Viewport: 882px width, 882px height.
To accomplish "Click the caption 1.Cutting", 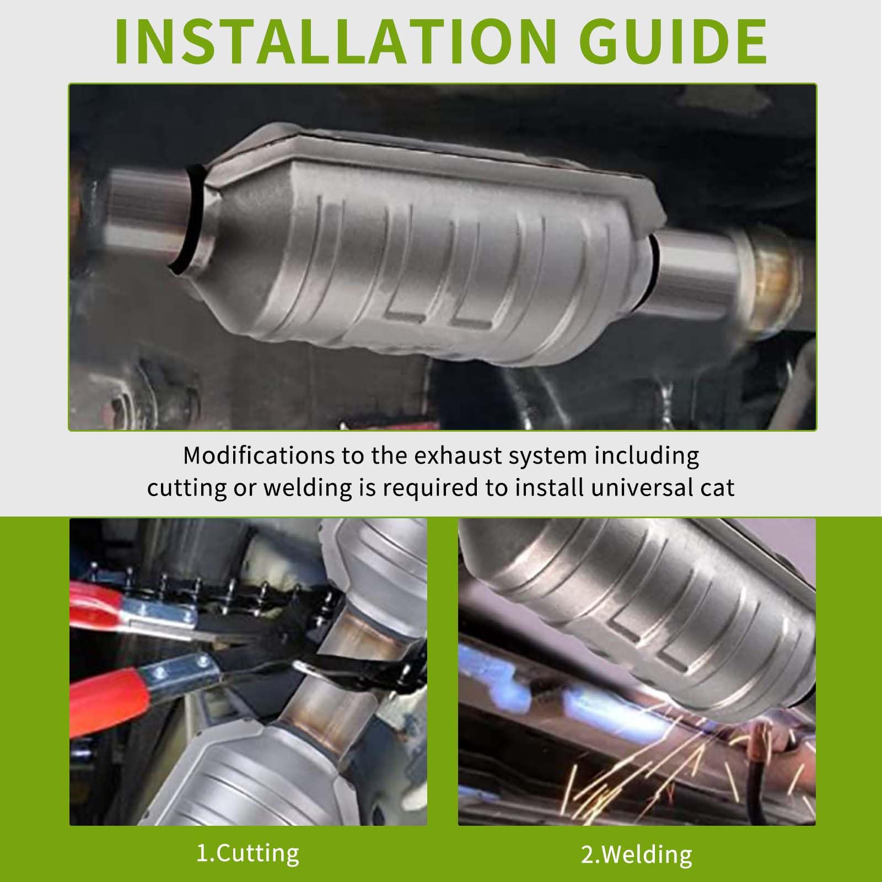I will coord(248,853).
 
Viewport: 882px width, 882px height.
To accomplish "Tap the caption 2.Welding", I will coord(637,854).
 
